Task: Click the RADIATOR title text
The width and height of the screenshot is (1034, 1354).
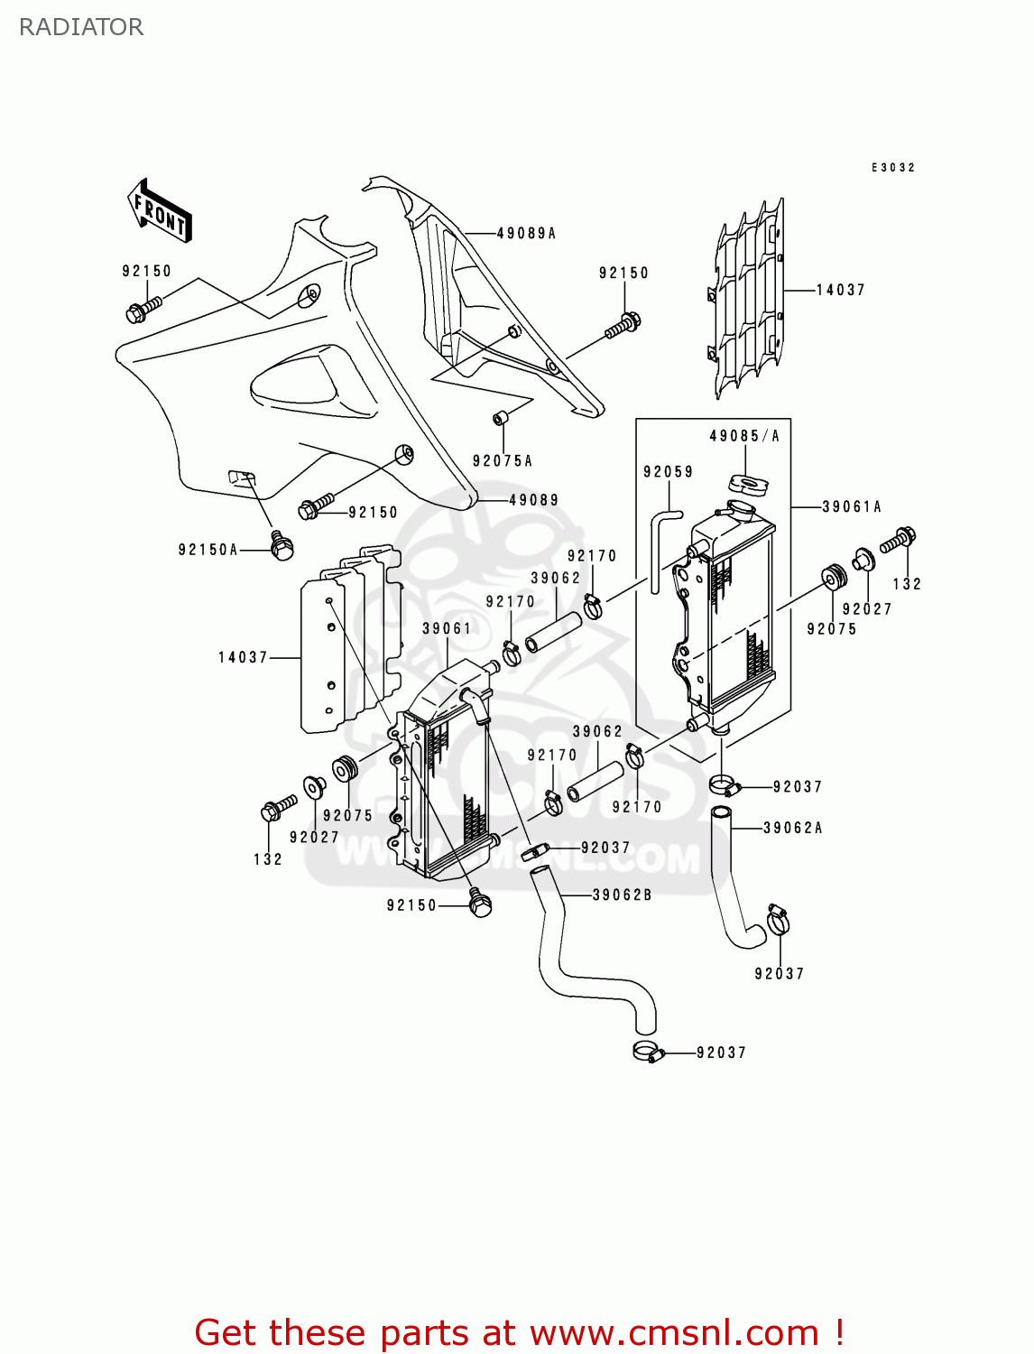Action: [x=81, y=27]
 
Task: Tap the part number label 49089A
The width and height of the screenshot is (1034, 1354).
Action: [x=526, y=233]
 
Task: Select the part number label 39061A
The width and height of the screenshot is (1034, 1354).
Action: [x=851, y=507]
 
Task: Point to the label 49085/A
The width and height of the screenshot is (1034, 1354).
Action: [x=744, y=436]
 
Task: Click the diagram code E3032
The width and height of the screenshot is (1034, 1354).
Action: [x=893, y=168]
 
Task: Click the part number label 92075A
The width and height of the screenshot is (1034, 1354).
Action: [x=503, y=461]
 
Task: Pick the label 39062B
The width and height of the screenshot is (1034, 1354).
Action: [x=622, y=895]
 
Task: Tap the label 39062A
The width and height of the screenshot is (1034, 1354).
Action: [x=792, y=828]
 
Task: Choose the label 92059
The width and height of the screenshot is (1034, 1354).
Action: [x=668, y=472]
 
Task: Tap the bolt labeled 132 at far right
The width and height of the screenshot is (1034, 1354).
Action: [x=899, y=540]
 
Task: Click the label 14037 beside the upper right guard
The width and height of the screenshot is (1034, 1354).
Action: [x=840, y=290]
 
